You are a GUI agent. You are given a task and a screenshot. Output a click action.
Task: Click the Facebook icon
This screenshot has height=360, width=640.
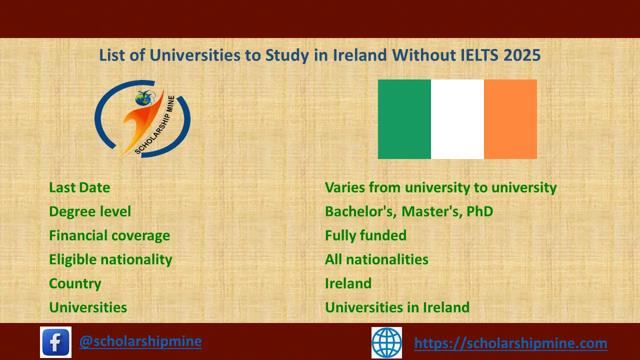tap(55, 342)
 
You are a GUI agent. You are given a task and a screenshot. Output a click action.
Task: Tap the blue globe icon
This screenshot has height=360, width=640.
tap(386, 342)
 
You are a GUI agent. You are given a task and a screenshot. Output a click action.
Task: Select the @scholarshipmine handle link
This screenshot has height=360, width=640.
tap(140, 341)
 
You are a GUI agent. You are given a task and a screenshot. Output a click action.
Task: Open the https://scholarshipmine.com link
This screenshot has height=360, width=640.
tap(510, 343)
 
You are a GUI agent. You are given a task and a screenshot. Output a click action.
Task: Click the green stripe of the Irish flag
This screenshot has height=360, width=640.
tap(404, 119)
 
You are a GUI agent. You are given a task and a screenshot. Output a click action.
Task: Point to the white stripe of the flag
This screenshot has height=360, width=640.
tap(457, 119)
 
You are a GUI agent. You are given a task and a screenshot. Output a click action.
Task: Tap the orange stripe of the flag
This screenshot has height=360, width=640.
tap(510, 119)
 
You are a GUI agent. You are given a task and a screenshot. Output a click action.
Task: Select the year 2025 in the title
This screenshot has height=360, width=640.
tap(522, 55)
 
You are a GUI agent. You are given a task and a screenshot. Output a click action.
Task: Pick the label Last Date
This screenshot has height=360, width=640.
tap(79, 187)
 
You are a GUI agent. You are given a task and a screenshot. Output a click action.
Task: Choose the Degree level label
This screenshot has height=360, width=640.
tap(90, 211)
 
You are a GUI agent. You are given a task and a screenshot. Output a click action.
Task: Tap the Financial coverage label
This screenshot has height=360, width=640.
tap(109, 235)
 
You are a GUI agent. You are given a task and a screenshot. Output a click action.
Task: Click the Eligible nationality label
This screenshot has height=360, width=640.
tap(110, 259)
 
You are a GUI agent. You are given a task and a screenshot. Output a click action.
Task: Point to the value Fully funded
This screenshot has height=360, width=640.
tap(365, 235)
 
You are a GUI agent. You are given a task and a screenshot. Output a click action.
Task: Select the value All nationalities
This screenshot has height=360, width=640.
tap(376, 259)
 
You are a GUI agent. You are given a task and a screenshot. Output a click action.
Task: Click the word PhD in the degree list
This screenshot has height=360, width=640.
tap(479, 211)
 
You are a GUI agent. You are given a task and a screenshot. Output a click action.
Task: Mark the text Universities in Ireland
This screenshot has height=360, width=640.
tap(397, 307)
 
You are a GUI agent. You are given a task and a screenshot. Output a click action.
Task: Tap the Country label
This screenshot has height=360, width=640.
tap(75, 283)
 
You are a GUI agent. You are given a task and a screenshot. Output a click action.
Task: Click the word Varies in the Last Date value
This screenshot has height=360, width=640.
tap(344, 187)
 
